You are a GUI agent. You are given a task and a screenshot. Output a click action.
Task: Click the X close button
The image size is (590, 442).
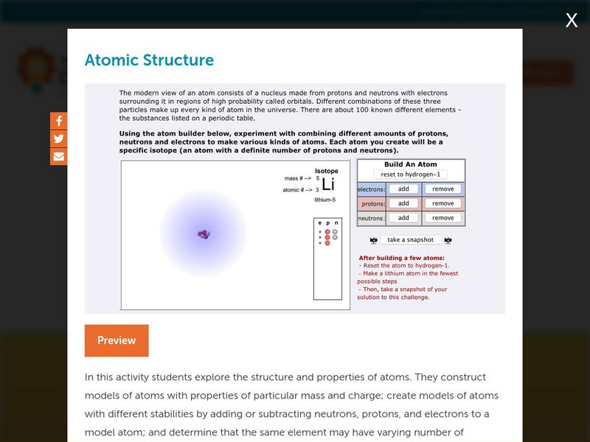(572, 21)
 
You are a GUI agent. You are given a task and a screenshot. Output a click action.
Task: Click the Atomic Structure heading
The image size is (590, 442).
(149, 60)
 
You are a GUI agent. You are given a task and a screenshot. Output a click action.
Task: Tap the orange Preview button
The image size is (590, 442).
(117, 340)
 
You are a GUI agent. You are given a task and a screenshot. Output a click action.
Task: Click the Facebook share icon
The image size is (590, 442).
(59, 122)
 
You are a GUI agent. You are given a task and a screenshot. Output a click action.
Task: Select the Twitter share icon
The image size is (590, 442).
(59, 139)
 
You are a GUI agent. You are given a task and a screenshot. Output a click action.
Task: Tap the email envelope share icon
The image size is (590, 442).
(59, 156)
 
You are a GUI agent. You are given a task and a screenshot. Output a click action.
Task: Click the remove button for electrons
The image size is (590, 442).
(442, 189)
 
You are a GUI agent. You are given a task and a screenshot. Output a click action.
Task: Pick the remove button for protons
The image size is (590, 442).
(442, 203)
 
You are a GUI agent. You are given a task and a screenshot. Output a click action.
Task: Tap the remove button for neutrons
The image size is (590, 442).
(442, 218)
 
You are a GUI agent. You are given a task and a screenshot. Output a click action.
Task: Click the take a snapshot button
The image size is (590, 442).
(410, 240)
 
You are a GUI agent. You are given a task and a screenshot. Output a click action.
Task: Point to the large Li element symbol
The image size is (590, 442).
(328, 184)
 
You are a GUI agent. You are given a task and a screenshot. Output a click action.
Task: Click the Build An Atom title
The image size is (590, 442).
(411, 164)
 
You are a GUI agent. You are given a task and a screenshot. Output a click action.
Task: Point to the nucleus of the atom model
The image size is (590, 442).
(204, 234)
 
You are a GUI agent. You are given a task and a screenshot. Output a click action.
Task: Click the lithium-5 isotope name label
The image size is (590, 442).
(324, 200)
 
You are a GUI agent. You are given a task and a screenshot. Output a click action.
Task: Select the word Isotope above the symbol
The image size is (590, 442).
(327, 171)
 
